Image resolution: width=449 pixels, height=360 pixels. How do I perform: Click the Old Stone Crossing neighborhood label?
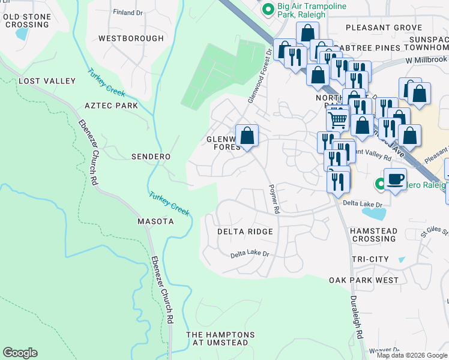point(26,20)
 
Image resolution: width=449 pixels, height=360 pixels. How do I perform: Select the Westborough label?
point(131,38)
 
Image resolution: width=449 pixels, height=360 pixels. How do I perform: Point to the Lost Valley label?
point(47,81)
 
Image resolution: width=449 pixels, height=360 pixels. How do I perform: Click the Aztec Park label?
point(111,106)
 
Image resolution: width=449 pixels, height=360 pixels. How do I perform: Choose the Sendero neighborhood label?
point(151,157)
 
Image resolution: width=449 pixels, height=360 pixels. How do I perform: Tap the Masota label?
point(154,221)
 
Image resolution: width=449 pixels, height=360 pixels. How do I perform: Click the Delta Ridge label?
point(245,232)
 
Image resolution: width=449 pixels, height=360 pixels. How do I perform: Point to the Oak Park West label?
point(363,280)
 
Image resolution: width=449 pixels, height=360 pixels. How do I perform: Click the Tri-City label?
point(369,259)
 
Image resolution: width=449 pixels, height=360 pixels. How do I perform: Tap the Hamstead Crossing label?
point(373,235)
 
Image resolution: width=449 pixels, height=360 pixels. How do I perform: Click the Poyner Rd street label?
point(275,199)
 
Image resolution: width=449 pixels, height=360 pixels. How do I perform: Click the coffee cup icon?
point(395,179)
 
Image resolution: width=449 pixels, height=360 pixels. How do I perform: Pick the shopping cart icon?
point(338,119)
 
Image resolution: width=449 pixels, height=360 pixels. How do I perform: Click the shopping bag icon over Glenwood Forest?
point(247,136)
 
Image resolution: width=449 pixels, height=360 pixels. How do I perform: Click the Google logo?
point(20,353)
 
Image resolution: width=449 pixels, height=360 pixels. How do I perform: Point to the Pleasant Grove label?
point(384,28)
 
